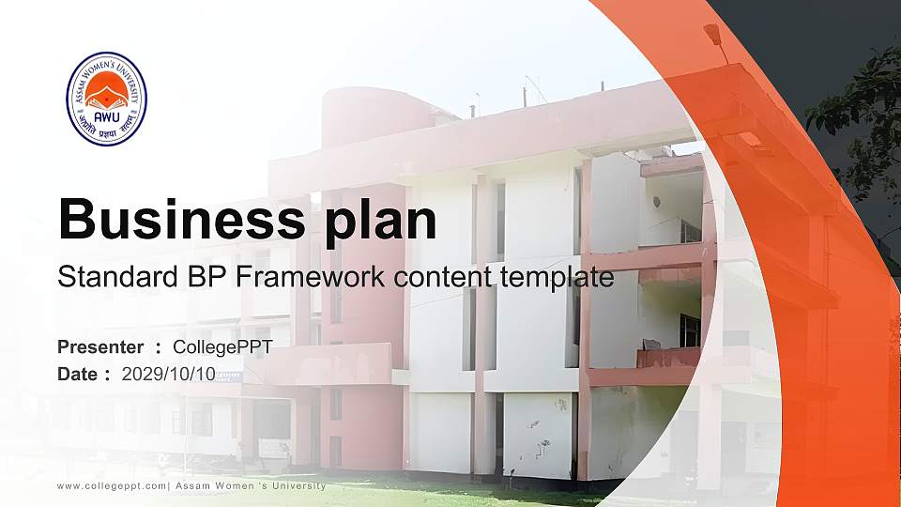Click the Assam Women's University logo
click(106, 99)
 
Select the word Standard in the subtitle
click(111, 278)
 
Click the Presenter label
click(100, 347)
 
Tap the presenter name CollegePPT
click(222, 347)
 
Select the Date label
click(77, 375)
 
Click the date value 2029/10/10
click(168, 375)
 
